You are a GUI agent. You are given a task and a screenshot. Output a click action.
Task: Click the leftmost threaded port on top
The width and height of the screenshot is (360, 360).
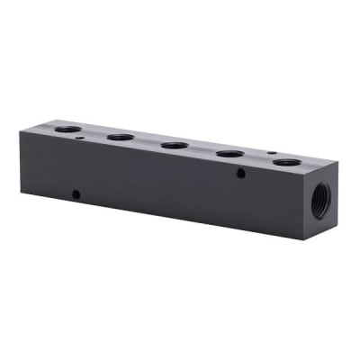(67, 130)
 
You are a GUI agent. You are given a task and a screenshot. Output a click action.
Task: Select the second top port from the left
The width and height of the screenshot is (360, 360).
(120, 138)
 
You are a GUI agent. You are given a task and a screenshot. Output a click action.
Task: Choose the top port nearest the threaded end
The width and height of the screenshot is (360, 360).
(287, 164)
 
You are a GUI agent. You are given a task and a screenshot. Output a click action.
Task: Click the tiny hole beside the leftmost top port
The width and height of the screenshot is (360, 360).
(82, 139)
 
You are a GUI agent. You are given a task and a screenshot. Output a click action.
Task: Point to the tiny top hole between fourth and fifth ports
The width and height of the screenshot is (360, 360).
(269, 152)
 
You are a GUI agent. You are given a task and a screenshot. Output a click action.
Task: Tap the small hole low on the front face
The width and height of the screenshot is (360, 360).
(76, 193)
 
